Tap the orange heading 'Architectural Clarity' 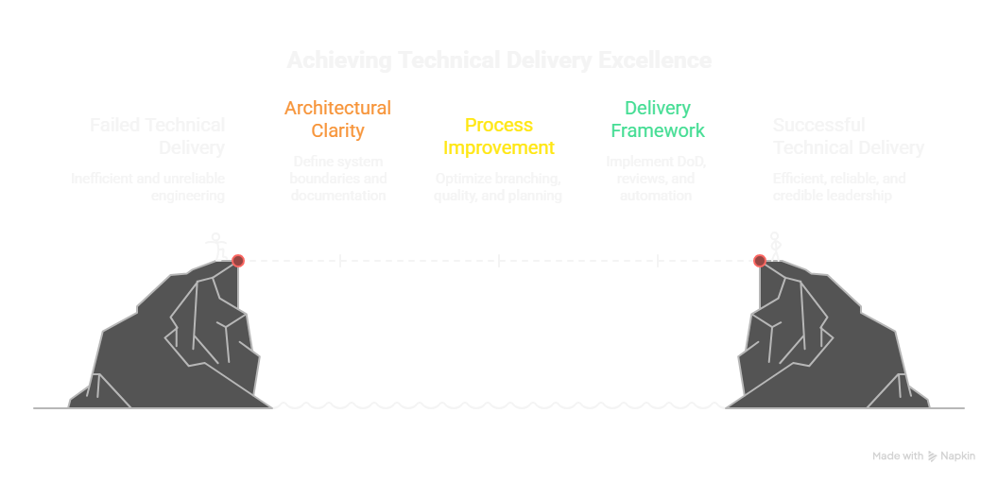[337, 119]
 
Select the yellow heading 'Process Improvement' [499, 136]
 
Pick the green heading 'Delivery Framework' [657, 119]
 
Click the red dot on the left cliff [238, 261]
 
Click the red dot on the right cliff [759, 261]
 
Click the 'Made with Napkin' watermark [923, 456]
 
